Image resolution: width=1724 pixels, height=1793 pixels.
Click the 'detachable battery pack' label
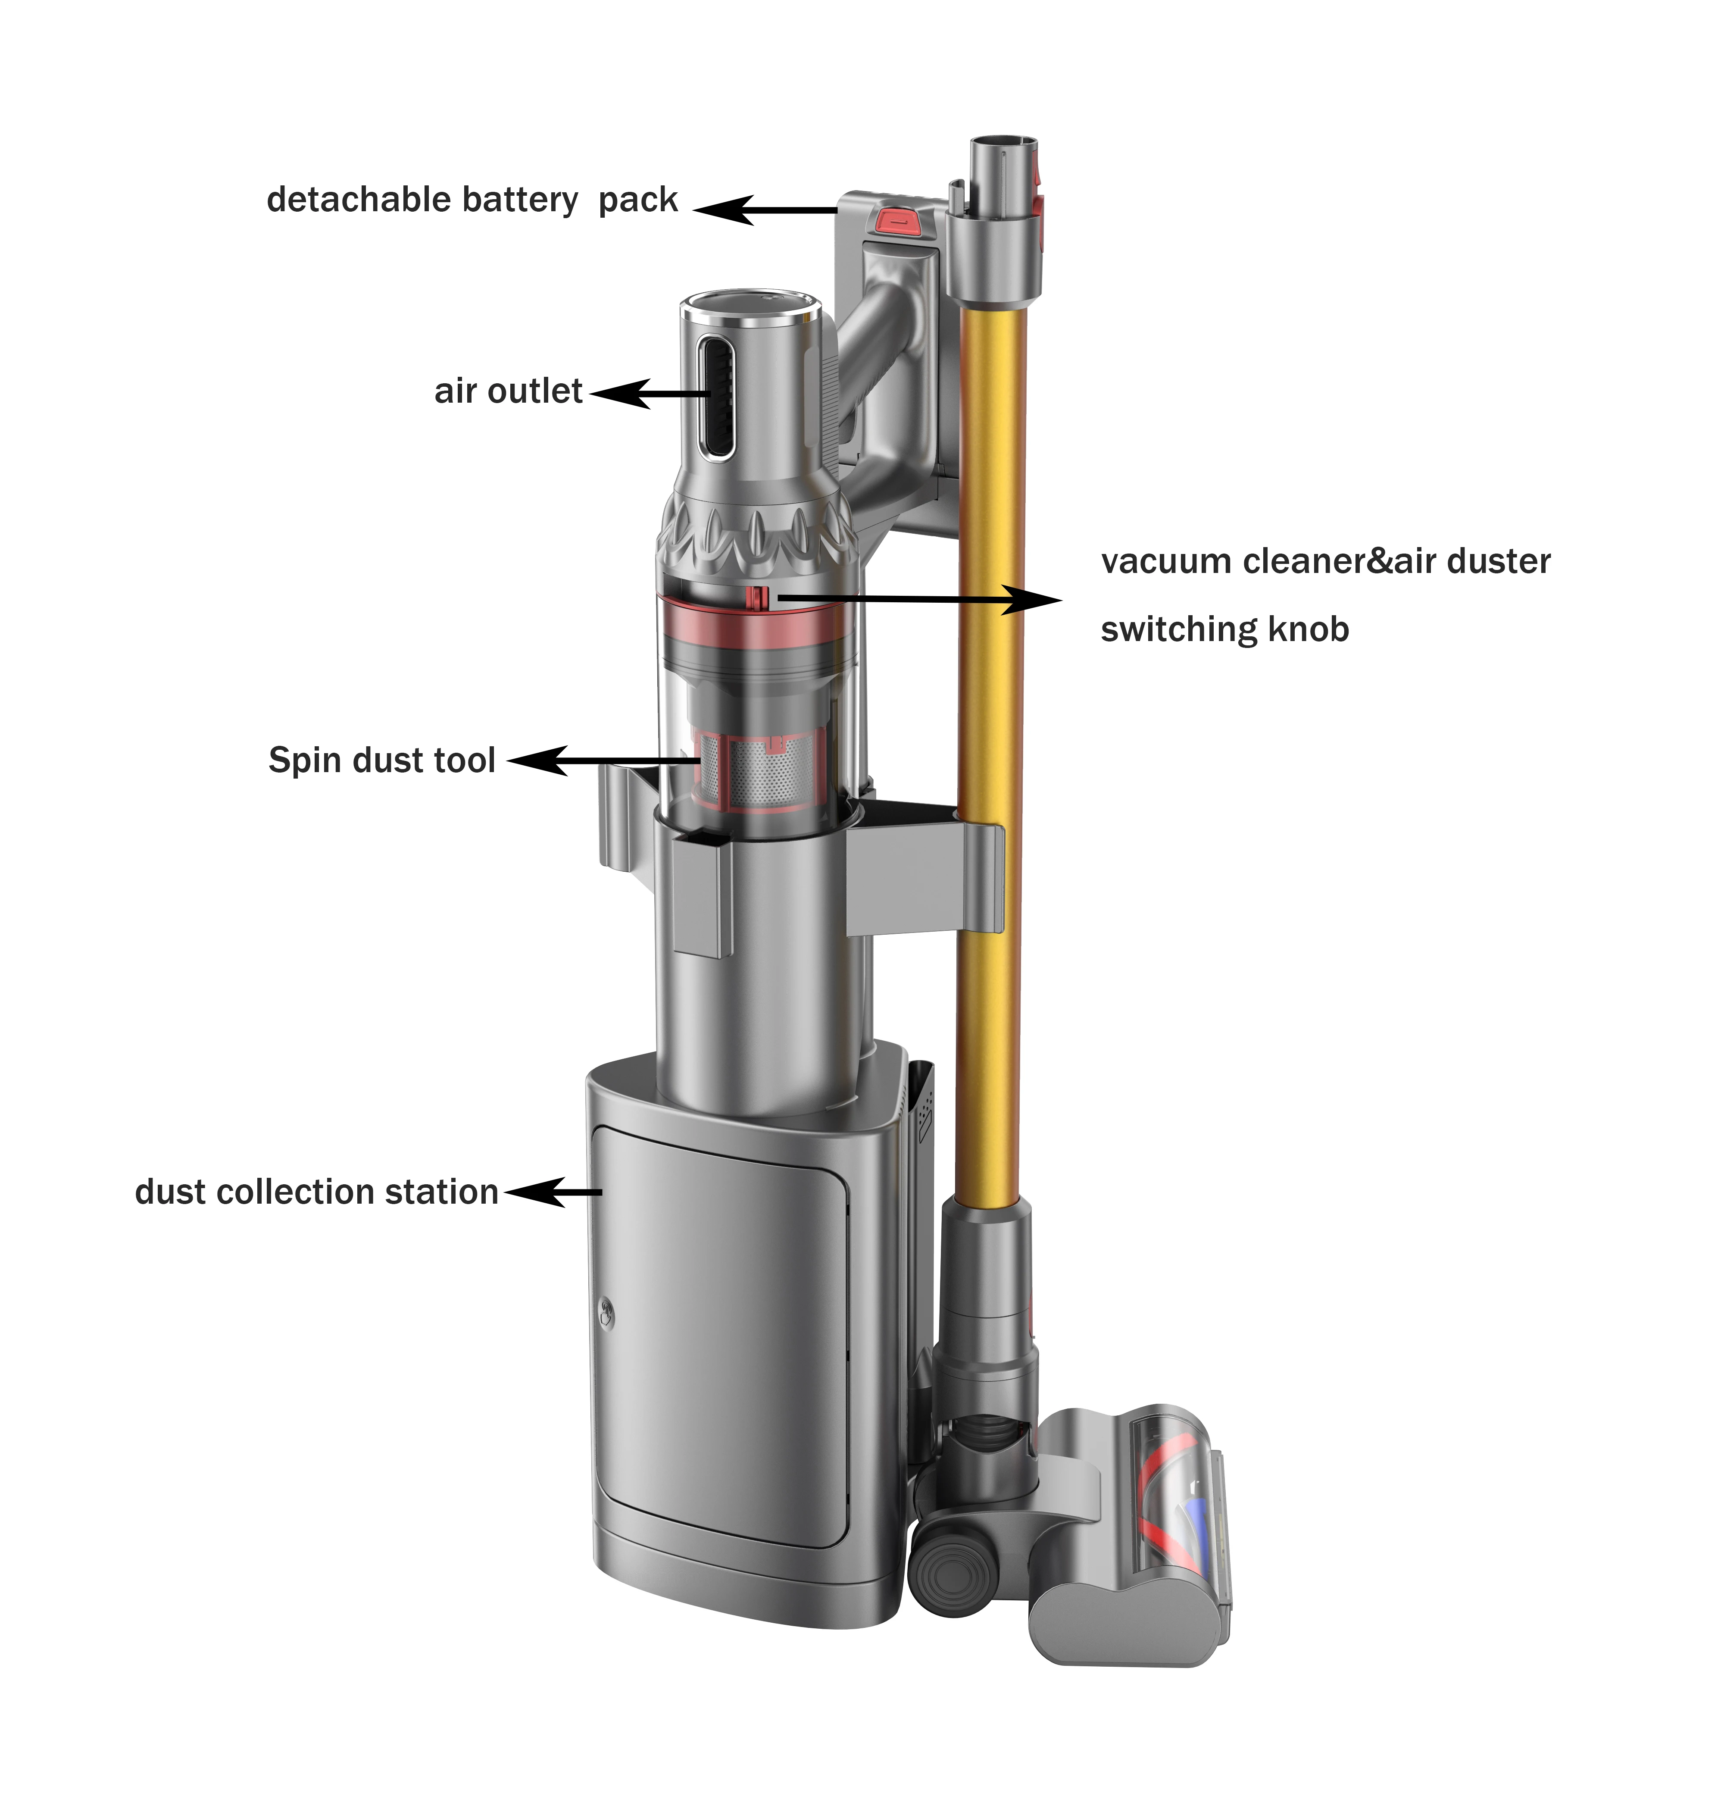pyautogui.click(x=472, y=200)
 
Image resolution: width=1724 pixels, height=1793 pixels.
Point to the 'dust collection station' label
pyautogui.click(x=316, y=1192)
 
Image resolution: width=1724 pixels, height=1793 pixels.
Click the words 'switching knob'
pyautogui.click(x=1224, y=629)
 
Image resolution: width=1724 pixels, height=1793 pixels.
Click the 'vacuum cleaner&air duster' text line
pyautogui.click(x=1325, y=561)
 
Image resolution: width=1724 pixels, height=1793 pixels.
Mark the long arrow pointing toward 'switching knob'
pyautogui.click(x=915, y=599)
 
